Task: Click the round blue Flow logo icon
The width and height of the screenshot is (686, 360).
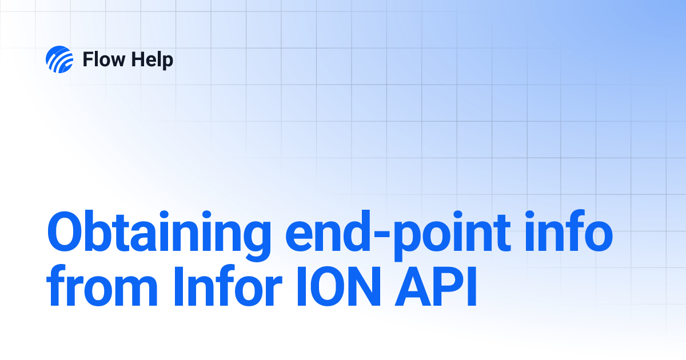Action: click(59, 59)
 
